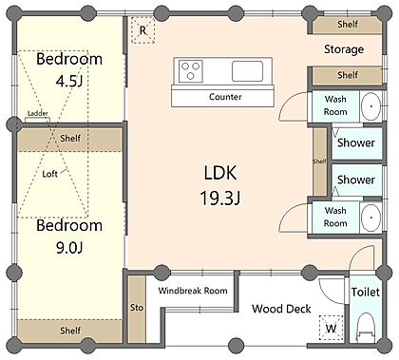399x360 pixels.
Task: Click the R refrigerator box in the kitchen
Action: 143,30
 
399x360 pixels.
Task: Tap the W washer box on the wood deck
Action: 332,328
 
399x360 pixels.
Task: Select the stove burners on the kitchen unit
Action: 191,71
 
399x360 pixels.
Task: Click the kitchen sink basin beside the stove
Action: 247,71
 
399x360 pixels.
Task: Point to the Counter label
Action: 225,97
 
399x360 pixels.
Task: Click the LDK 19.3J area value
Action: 220,199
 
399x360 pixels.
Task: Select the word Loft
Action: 49,174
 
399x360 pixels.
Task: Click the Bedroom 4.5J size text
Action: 69,82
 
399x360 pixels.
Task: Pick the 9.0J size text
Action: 69,247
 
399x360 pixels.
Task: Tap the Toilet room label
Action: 365,292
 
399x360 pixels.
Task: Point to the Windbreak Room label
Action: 193,291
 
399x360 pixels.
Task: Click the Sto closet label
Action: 137,308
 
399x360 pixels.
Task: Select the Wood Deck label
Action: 281,309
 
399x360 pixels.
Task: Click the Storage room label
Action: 344,49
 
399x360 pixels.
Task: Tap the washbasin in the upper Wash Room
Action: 370,106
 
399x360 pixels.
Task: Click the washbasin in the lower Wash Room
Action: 370,218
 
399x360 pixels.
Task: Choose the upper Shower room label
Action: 356,142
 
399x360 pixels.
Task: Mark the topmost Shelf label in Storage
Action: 348,24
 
